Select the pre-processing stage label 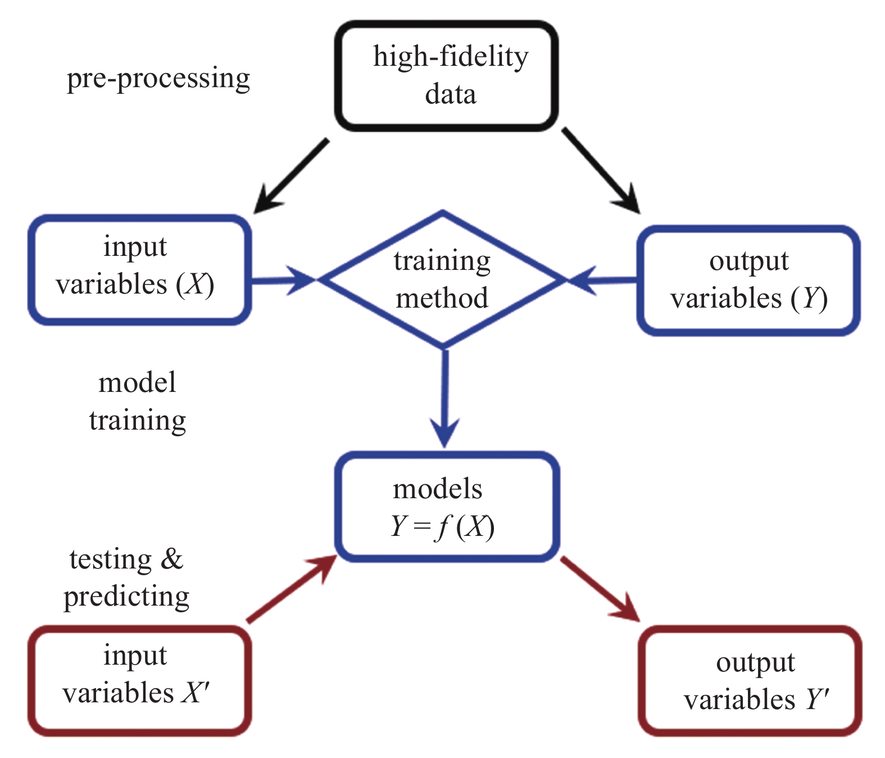(158, 78)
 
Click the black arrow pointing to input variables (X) (291, 175)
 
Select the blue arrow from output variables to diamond (602, 281)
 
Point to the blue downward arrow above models (445, 399)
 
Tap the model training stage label (138, 401)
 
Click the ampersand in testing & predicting (172, 559)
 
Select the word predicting (127, 597)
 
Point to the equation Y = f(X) (442, 527)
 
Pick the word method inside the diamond (442, 298)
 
